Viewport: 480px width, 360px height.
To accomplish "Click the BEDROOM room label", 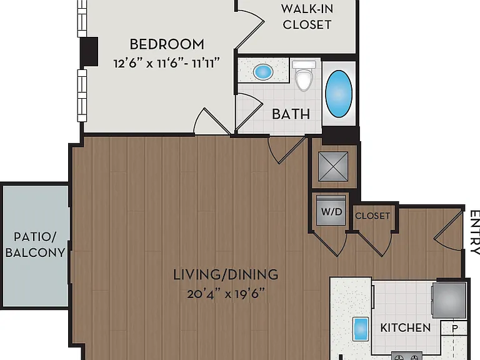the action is [167, 44].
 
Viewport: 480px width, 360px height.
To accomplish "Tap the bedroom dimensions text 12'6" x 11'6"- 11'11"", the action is [167, 63].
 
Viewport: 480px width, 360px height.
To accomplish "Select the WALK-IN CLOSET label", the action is [307, 17].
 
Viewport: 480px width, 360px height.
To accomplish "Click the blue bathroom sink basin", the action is [263, 72].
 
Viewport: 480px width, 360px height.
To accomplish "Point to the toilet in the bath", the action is [304, 75].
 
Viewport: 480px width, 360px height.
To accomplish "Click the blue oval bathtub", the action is [339, 94].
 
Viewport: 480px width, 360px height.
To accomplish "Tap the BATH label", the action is [291, 114].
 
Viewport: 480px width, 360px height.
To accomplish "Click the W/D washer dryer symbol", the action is [331, 211].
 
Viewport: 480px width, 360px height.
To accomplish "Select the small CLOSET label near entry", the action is [372, 216].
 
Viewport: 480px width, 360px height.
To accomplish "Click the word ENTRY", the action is [475, 232].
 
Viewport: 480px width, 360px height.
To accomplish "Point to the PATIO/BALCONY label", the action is [35, 244].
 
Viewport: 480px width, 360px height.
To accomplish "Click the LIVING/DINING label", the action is [226, 274].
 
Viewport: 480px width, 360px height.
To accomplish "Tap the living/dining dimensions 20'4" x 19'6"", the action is [226, 294].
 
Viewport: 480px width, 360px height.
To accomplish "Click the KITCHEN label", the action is [405, 328].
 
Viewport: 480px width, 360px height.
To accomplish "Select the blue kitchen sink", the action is [361, 329].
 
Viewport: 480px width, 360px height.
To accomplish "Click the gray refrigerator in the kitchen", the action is [449, 300].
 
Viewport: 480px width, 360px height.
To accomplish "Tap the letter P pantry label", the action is [455, 329].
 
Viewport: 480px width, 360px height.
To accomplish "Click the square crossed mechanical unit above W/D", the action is [333, 166].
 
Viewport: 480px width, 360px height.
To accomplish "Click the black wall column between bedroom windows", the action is [89, 52].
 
